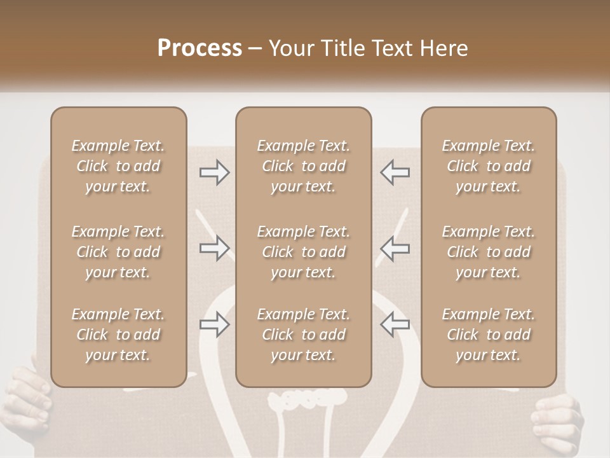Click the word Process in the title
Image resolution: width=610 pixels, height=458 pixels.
pos(200,48)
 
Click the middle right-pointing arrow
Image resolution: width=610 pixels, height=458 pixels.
pos(214,248)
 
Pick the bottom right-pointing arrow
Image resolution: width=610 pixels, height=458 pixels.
pos(214,324)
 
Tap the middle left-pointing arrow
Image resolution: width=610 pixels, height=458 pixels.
pos(395,248)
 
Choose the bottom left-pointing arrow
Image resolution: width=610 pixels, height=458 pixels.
pos(395,324)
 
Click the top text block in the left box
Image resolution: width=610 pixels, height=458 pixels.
pos(118,166)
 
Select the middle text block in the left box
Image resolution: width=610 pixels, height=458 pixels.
pos(118,252)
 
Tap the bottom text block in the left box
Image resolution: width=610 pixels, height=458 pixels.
pos(118,335)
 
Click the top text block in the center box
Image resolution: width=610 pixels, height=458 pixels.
pos(303,166)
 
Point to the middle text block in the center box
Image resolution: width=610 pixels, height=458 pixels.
pos(303,252)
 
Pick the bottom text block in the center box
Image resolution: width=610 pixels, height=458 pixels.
pos(303,335)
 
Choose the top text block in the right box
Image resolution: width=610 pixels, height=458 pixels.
pos(488,166)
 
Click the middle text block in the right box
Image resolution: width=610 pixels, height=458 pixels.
pos(488,252)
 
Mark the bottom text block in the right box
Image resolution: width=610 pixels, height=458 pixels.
pos(488,335)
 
